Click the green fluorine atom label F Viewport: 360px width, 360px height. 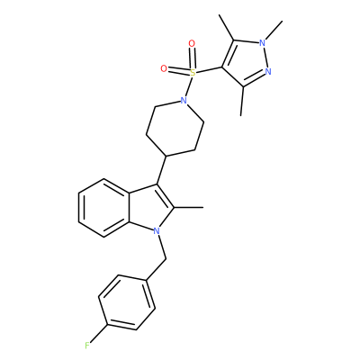coord(87,346)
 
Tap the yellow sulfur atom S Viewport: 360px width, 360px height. coord(193,72)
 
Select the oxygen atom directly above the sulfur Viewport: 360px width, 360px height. coord(192,44)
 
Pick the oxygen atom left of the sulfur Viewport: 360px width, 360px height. coord(164,69)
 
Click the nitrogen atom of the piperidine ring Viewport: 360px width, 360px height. coord(184,101)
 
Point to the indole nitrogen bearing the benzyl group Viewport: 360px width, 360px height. coord(156,230)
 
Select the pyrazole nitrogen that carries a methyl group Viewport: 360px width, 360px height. coord(263,43)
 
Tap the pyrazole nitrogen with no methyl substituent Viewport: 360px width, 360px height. coord(268,71)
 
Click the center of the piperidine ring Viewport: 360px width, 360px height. coord(175,128)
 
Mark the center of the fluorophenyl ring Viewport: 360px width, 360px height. coord(127,302)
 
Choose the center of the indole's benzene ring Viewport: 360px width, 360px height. coord(103,208)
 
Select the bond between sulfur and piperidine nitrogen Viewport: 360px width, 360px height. coord(188,86)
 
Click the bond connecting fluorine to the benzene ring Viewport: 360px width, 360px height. coord(99,335)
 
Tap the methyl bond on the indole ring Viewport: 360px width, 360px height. coord(189,207)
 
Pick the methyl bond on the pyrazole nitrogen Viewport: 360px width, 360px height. coord(274,31)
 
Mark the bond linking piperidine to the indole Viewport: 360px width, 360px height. coord(162,170)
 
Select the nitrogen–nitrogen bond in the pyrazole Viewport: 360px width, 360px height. coord(265,57)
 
